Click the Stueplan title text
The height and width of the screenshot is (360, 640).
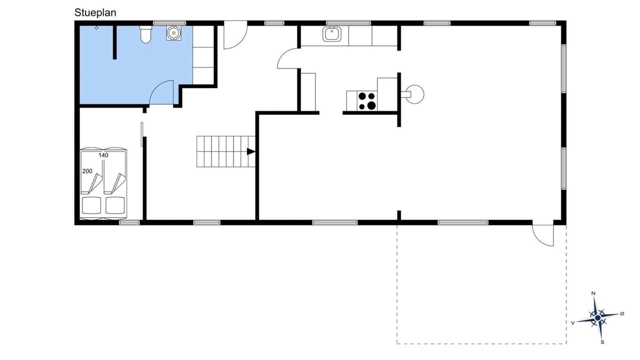(x=95, y=13)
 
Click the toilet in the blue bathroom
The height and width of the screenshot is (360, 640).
(x=145, y=34)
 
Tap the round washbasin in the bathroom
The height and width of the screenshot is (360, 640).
(x=173, y=33)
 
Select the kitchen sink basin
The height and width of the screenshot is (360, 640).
(x=331, y=34)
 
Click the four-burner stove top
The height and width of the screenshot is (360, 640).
(x=367, y=101)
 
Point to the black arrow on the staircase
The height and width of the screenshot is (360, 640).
(x=251, y=151)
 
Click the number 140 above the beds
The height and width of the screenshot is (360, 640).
(x=103, y=155)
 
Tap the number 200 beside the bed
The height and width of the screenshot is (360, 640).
(x=87, y=171)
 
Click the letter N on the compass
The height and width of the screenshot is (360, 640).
(x=593, y=293)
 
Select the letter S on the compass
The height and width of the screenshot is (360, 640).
(x=602, y=342)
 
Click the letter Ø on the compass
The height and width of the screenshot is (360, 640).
(x=622, y=313)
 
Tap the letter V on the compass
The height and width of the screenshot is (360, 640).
(x=572, y=323)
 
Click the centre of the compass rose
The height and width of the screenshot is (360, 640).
(x=597, y=317)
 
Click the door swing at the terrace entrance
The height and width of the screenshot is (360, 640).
(x=543, y=235)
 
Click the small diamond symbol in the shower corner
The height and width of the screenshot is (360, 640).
(x=96, y=27)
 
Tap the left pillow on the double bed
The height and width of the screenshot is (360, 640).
(x=91, y=205)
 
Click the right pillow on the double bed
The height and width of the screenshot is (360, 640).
(x=115, y=205)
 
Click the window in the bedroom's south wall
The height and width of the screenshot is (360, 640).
(x=129, y=222)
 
